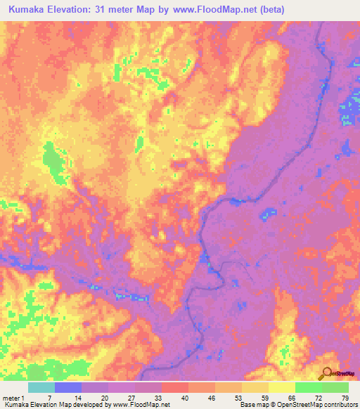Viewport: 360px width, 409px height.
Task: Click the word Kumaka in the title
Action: coord(31,9)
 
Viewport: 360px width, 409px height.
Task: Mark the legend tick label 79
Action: coord(344,397)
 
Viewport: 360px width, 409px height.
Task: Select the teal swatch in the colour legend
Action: coord(41,387)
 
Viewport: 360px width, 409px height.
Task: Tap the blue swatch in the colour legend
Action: coord(68,387)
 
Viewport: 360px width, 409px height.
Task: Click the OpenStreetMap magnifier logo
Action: coord(326,372)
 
